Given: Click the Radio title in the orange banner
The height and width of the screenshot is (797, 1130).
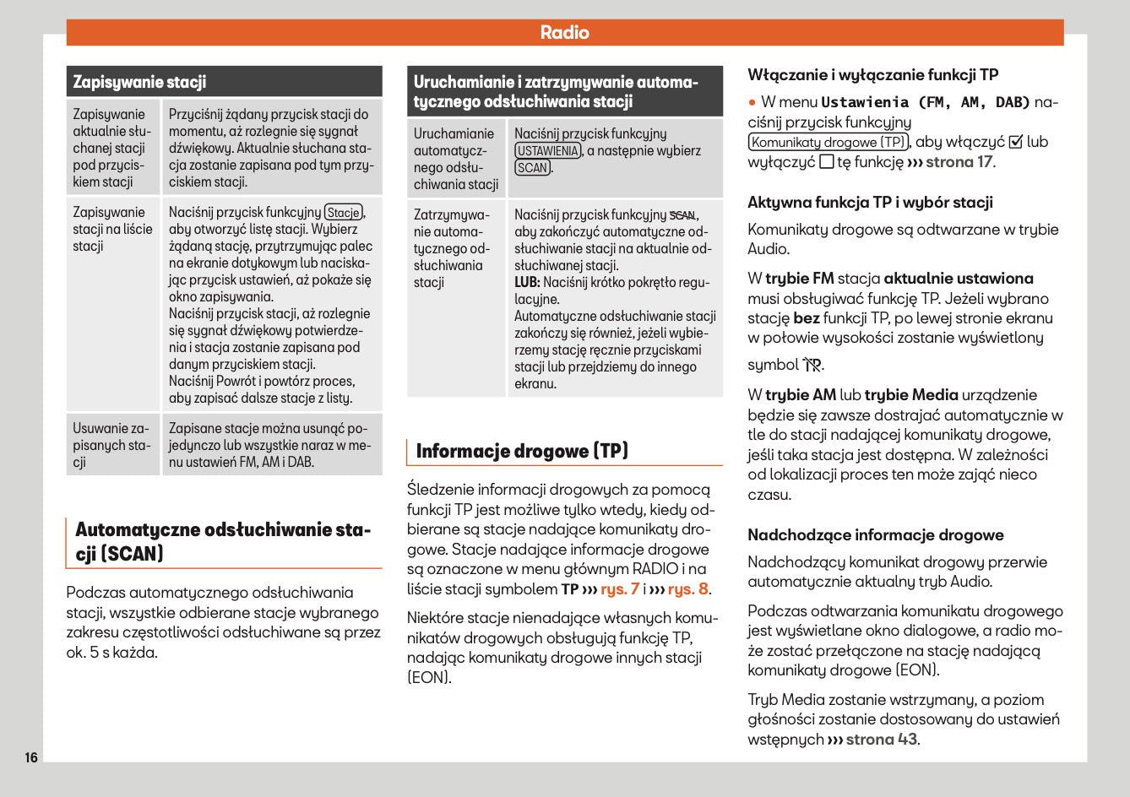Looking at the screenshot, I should (564, 33).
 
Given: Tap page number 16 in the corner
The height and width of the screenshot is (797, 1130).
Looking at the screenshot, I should (31, 757).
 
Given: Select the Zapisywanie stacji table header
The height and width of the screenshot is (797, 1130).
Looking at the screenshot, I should (140, 82).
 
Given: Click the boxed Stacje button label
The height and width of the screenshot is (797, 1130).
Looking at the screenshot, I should (344, 213).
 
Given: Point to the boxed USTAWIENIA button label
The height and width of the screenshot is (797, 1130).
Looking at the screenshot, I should (548, 151).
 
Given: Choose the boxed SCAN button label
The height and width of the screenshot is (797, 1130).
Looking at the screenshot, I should (532, 168).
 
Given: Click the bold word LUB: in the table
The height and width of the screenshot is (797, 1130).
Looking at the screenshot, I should (527, 283).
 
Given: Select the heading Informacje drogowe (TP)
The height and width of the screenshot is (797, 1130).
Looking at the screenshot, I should (522, 451).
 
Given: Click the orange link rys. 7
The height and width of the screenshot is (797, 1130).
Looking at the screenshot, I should (620, 589).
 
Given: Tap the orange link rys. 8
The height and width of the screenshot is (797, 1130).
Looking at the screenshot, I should (688, 589).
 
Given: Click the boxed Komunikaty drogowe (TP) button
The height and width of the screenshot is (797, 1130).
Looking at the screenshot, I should (828, 143).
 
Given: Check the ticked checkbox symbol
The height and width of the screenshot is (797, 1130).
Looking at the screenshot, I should (1016, 143).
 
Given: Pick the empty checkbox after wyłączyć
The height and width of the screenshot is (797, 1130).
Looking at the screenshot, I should (827, 162).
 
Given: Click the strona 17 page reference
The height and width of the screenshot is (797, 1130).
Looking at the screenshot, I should (959, 162).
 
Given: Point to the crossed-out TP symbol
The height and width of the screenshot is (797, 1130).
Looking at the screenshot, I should (812, 365).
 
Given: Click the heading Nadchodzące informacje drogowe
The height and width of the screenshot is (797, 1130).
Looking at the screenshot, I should (876, 535).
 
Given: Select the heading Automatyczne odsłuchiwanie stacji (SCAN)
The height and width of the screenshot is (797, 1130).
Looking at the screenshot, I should (223, 542).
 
